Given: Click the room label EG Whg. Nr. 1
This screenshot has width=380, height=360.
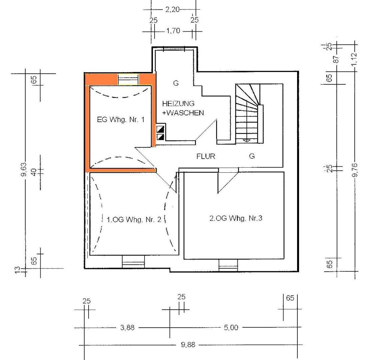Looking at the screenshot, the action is (121, 120).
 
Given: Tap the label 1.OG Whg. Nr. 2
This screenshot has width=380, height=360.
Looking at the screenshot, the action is (134, 220).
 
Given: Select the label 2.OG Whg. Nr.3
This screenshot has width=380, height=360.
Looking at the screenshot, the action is (236, 218).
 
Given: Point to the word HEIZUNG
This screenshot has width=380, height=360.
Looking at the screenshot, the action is (179, 104).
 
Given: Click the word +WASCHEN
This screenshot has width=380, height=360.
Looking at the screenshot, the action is (183, 113).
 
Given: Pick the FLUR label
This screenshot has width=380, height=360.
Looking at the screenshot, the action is (206, 156).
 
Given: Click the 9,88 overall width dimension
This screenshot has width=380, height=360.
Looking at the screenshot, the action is (188, 345).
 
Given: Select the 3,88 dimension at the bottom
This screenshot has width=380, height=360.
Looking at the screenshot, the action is (127, 327).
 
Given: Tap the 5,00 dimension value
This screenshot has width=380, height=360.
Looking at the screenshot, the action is (231, 327).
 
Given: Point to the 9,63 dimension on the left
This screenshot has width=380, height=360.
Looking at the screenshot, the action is (24, 169).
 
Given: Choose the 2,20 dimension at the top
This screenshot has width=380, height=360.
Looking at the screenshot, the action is (172, 9).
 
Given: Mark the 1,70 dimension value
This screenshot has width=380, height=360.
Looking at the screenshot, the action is (173, 31).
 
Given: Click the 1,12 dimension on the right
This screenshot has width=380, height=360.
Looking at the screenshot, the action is (354, 59).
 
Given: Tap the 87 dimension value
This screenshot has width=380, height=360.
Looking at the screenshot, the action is (336, 59).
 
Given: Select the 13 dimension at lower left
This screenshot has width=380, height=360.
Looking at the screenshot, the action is (18, 270).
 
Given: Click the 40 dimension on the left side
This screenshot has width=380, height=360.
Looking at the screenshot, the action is (34, 172).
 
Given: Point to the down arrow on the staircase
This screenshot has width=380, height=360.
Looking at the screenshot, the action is (246, 140).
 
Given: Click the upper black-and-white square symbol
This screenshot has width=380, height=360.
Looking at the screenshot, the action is (161, 129).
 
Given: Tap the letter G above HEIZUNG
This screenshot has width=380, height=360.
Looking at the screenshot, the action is (176, 83).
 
